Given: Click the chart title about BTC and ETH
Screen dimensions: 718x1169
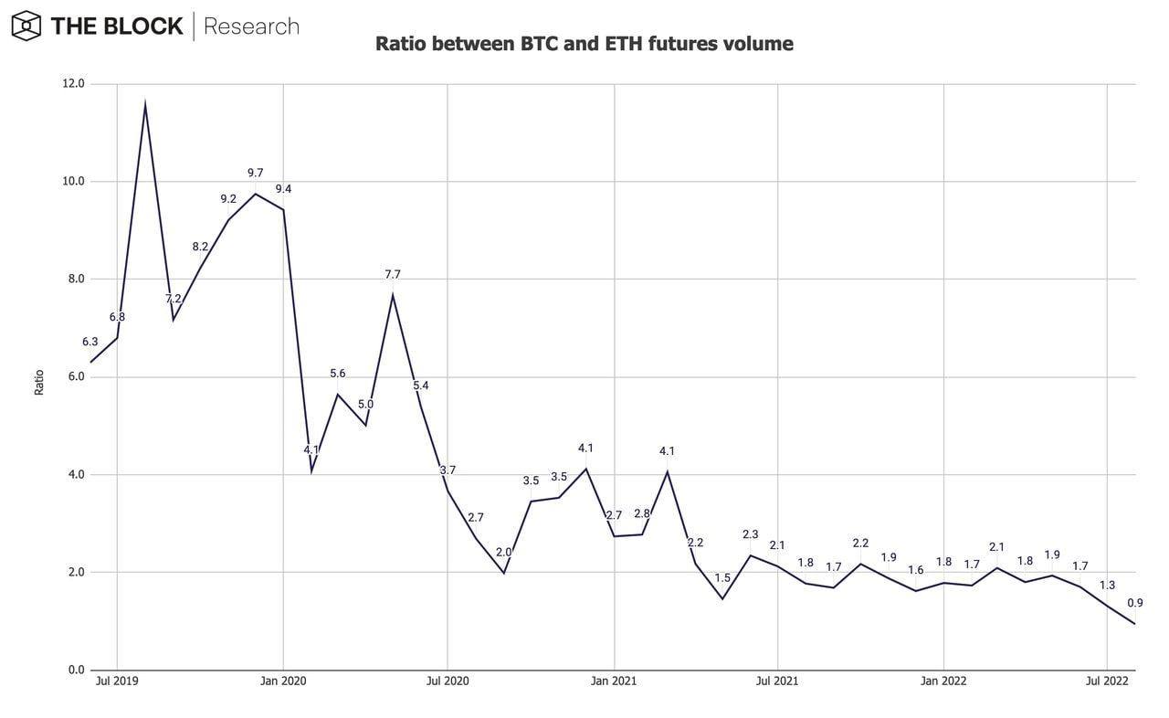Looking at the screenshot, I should pos(584,43).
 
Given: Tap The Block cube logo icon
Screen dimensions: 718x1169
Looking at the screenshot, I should pos(26,26).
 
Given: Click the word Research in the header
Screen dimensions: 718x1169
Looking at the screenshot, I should pos(251,26).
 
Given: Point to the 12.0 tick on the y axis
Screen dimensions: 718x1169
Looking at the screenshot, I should pos(73,84).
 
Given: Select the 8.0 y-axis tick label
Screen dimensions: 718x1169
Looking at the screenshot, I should pos(73,280).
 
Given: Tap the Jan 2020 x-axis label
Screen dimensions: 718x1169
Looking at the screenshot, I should pos(283,681).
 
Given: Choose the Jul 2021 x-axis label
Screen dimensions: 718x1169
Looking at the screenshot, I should pos(778,681).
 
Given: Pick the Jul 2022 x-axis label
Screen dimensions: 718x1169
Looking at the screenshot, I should pos(1107,681).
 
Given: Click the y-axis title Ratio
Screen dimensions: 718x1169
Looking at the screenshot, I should pos(39,382).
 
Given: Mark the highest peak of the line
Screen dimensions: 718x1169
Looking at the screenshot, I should pos(145,105).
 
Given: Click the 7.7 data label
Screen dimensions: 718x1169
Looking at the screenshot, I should pos(393,274).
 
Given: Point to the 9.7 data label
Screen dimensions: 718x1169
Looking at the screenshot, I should pos(256,173).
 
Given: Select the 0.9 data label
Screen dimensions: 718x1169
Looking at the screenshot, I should pos(1135,603).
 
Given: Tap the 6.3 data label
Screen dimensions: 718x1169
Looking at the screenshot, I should pos(90,342).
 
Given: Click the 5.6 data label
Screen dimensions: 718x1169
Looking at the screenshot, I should pos(338,374).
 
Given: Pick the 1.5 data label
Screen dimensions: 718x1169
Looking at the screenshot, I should pos(722,578).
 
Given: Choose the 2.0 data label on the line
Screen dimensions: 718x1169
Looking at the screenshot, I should pos(503,553).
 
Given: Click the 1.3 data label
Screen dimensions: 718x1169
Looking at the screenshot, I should pos(1107,585).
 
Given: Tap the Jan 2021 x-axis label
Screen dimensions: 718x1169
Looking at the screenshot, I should pos(614,681).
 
